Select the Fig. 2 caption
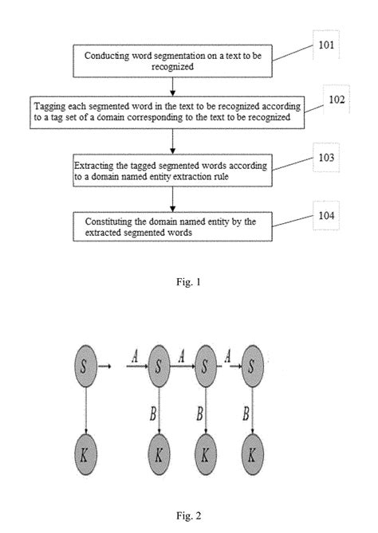tap(189, 515)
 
